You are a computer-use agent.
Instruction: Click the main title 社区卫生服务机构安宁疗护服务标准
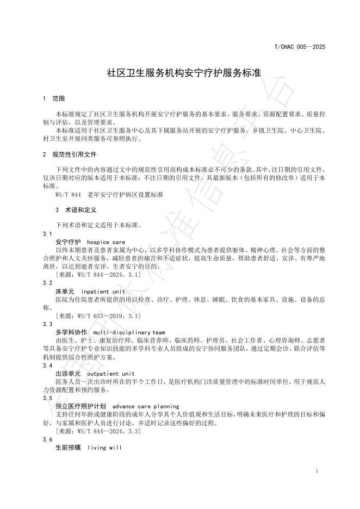point(179,73)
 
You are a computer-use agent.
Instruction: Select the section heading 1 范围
point(54,99)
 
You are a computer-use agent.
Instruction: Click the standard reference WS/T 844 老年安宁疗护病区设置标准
point(109,194)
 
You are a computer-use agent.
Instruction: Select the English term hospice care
point(105,241)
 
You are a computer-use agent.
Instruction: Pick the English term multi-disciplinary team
point(129,332)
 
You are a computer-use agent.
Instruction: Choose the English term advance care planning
point(145,406)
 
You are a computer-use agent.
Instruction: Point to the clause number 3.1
point(47,233)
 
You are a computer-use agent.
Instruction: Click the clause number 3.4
point(47,366)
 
